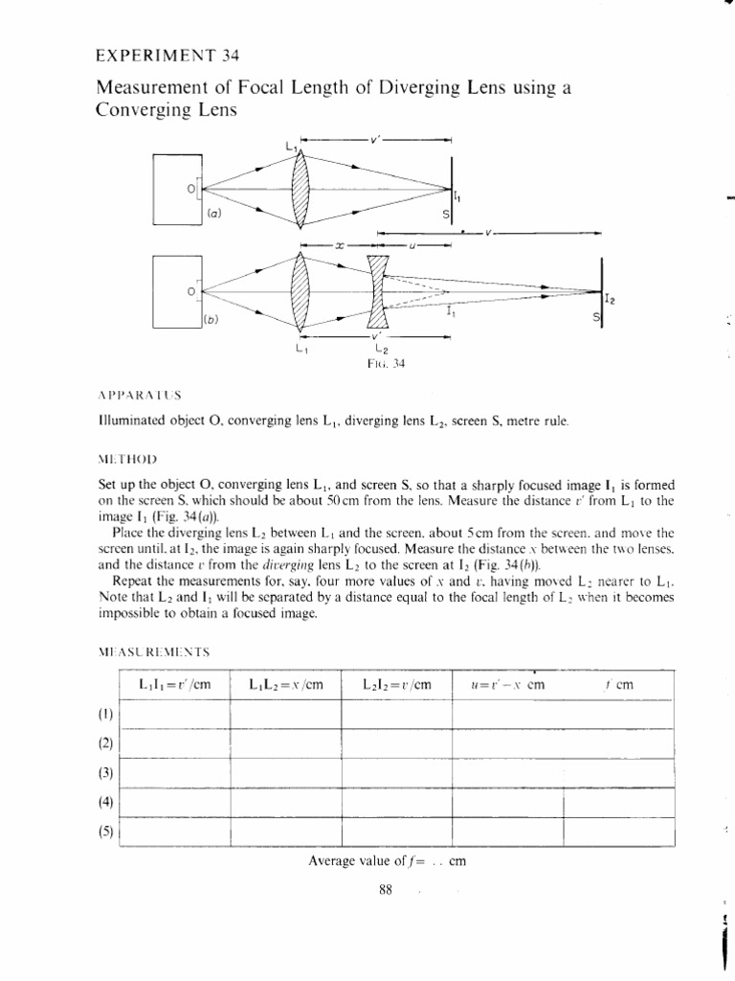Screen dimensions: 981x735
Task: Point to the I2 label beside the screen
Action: pyautogui.click(x=609, y=300)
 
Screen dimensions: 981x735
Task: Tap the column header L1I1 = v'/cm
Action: pyautogui.click(x=173, y=685)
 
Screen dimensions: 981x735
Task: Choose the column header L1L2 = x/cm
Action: pyautogui.click(x=284, y=685)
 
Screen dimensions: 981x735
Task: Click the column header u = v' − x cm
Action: pyautogui.click(x=506, y=685)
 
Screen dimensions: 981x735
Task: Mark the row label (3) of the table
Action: pyautogui.click(x=105, y=772)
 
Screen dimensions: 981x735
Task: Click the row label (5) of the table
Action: pyautogui.click(x=105, y=831)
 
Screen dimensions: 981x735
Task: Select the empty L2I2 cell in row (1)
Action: pyautogui.click(x=395, y=715)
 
